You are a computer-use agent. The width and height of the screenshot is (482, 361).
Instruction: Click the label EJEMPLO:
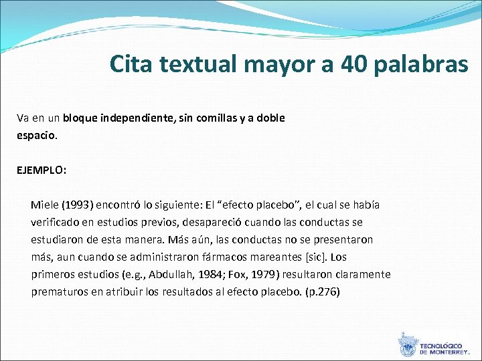tap(42, 170)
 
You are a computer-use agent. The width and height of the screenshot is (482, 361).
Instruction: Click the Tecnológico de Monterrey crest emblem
tap(406, 344)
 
